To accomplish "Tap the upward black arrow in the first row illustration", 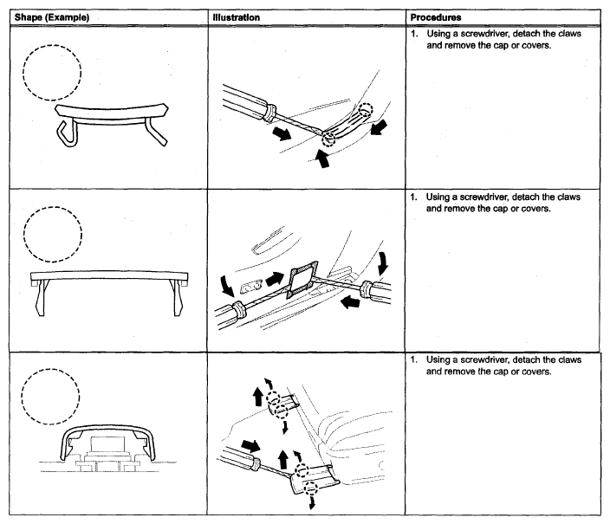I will point(324,159).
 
